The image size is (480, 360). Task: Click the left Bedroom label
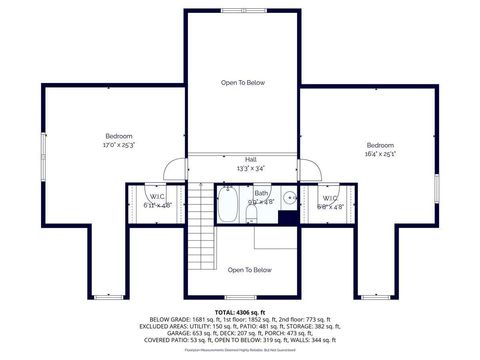(x=119, y=136)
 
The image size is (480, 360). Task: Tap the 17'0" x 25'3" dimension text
(x=119, y=146)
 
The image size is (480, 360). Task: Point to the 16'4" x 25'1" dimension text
(x=380, y=154)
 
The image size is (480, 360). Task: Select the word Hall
(x=250, y=159)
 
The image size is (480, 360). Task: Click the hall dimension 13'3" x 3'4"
(x=250, y=168)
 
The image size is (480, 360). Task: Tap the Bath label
(x=261, y=192)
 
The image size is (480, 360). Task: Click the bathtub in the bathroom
(x=227, y=206)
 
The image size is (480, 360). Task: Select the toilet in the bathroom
(x=252, y=212)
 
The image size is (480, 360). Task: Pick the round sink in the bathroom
(x=287, y=197)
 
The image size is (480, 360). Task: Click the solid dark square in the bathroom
(x=287, y=215)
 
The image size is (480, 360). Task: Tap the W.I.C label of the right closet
(x=329, y=198)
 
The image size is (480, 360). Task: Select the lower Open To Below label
(x=250, y=270)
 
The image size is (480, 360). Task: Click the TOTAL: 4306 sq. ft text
(x=240, y=313)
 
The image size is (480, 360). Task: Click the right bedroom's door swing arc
(x=311, y=170)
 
